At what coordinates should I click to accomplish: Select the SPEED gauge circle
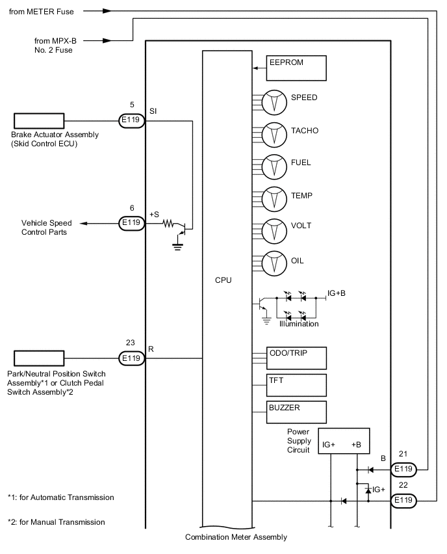pyautogui.click(x=274, y=101)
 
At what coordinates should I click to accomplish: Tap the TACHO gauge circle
pyautogui.click(x=274, y=135)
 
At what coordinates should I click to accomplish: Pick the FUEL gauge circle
pyautogui.click(x=274, y=166)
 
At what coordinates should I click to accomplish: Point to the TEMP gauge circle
pyautogui.click(x=274, y=198)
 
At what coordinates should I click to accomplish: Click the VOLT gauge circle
pyautogui.click(x=274, y=230)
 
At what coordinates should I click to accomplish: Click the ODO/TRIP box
pyautogui.click(x=296, y=358)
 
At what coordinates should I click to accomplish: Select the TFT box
pyautogui.click(x=296, y=385)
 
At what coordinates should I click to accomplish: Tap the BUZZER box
pyautogui.click(x=296, y=412)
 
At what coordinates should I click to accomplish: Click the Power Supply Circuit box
pyautogui.click(x=344, y=442)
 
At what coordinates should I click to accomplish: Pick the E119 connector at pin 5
pyautogui.click(x=131, y=120)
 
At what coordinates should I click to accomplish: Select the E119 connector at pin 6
pyautogui.click(x=131, y=223)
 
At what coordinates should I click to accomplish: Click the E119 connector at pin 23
pyautogui.click(x=131, y=358)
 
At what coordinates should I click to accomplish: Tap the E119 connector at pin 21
pyautogui.click(x=403, y=469)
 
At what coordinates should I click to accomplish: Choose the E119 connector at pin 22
pyautogui.click(x=403, y=501)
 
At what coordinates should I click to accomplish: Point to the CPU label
pyautogui.click(x=223, y=280)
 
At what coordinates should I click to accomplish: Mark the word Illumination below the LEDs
pyautogui.click(x=299, y=324)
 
